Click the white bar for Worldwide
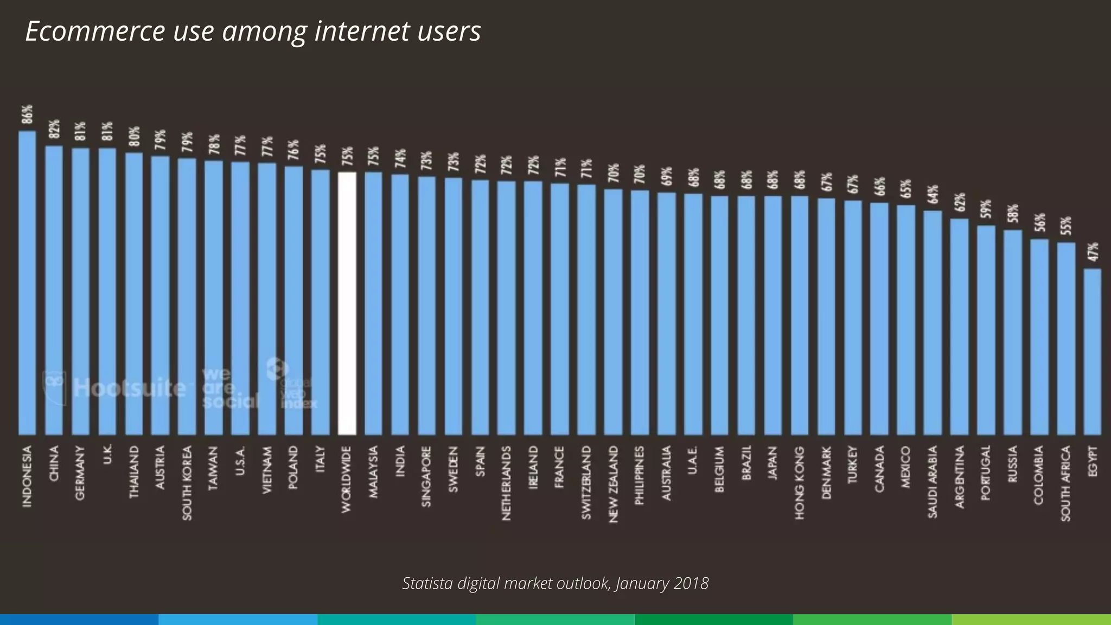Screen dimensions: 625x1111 pos(347,304)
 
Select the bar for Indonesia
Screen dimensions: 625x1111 pos(27,282)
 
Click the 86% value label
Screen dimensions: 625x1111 pos(27,114)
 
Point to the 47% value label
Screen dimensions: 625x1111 pos(1093,252)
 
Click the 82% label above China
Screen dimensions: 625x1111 pos(54,129)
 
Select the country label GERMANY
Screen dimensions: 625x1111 pos(80,473)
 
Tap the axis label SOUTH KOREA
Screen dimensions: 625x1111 pos(187,483)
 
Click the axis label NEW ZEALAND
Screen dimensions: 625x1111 pos(613,484)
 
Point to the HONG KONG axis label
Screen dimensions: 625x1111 pos(800,483)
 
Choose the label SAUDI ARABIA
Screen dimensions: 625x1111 pos(933,482)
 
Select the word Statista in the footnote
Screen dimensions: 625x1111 pos(427,583)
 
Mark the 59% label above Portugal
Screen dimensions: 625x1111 pos(986,209)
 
